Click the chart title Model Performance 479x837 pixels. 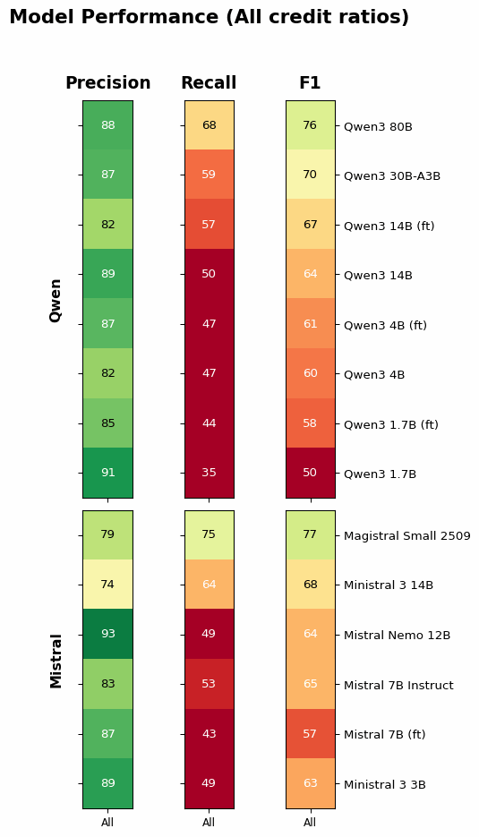click(209, 18)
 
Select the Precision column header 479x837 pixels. click(107, 83)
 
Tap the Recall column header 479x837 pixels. click(209, 83)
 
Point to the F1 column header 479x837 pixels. click(310, 83)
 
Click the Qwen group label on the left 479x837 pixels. click(56, 300)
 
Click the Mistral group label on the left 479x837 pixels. click(56, 661)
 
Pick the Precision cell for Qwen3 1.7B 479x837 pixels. click(107, 473)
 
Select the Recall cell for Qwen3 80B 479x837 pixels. click(209, 125)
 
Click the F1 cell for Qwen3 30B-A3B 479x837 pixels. click(310, 175)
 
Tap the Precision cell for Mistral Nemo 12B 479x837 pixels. click(107, 634)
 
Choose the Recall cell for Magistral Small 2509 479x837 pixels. click(209, 534)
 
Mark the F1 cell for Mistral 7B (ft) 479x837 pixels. click(310, 734)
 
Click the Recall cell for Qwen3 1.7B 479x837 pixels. click(209, 473)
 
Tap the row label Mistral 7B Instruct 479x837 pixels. click(398, 685)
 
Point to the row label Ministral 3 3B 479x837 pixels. click(384, 784)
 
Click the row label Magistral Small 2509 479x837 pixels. click(406, 535)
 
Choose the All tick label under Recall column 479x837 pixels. click(209, 822)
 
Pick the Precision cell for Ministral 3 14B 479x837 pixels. click(107, 585)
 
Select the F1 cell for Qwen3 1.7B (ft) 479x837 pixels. click(310, 423)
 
